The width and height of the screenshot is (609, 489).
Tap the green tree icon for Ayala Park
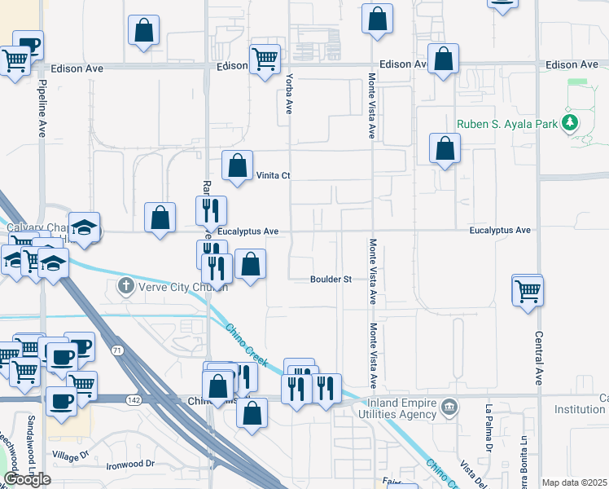571,124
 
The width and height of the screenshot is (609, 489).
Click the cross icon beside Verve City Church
125,285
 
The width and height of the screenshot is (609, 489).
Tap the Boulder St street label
330,280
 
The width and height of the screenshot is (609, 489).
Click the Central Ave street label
539,358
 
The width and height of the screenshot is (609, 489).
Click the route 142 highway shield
133,399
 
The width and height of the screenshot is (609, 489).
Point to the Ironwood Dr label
130,465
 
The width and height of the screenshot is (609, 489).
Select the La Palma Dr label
490,428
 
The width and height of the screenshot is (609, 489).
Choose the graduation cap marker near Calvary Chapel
84,228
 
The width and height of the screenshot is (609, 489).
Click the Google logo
27,479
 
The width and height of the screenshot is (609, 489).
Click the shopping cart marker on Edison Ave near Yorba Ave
265,59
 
